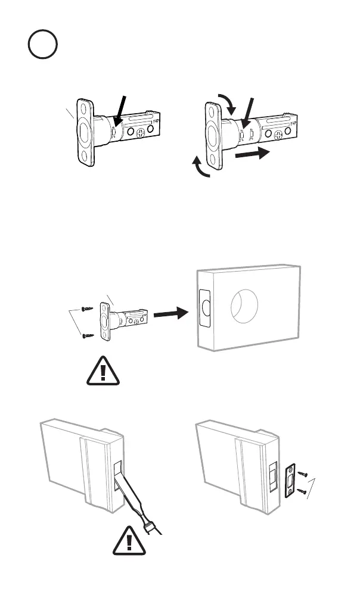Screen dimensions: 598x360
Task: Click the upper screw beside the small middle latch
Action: [x=87, y=309]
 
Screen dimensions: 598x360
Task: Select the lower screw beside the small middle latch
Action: [x=88, y=334]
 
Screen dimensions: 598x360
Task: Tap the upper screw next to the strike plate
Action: [x=303, y=473]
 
